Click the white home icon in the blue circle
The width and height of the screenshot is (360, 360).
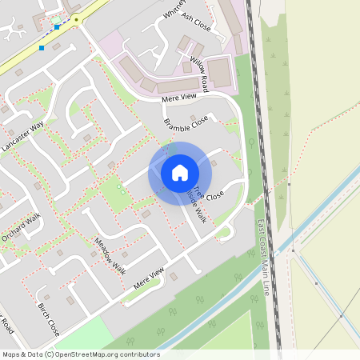pyautogui.click(x=180, y=172)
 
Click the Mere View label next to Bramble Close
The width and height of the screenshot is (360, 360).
pyautogui.click(x=178, y=98)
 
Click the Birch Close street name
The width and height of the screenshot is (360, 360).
pyautogui.click(x=49, y=318)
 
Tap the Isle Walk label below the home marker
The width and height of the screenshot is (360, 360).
pyautogui.click(x=197, y=206)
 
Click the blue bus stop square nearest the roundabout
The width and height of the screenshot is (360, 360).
pyautogui.click(x=57, y=28)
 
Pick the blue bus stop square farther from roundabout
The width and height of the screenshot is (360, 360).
pyautogui.click(x=42, y=48)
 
